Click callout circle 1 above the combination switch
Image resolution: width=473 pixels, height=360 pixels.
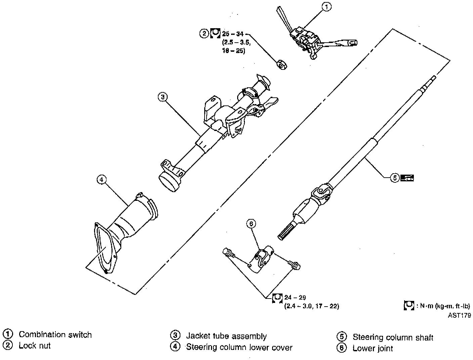(327, 7)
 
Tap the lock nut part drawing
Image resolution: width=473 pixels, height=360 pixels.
(282, 64)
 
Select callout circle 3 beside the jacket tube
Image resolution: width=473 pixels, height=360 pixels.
(163, 97)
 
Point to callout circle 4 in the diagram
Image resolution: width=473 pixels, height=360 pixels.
(102, 180)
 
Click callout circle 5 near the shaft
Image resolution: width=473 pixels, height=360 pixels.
(395, 178)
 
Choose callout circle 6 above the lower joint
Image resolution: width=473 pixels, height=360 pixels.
(251, 224)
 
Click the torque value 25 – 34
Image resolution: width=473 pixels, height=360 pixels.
(233, 34)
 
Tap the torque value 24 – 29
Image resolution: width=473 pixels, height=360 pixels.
(295, 298)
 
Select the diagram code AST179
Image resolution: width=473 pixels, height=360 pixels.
(459, 315)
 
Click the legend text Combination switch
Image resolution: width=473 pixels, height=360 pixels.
(55, 335)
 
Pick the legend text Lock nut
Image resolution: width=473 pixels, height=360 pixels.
(35, 346)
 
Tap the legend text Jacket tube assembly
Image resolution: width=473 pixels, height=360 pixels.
(226, 336)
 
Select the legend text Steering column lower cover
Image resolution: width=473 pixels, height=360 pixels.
(239, 347)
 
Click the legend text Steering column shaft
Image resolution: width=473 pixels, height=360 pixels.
(393, 337)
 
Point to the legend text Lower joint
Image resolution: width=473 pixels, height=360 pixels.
(373, 348)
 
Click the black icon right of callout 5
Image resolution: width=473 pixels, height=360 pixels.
(407, 178)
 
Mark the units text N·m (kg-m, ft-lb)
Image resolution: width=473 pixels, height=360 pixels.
(445, 306)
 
